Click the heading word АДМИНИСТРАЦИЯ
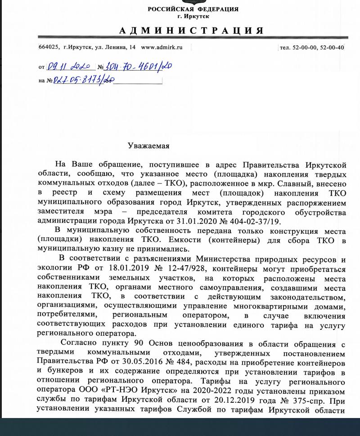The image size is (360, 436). pyautogui.click(x=191, y=31)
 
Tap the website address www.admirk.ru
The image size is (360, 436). pyautogui.click(x=162, y=47)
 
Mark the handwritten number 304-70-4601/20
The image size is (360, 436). pyautogui.click(x=138, y=67)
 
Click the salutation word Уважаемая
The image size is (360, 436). pyautogui.click(x=148, y=146)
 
